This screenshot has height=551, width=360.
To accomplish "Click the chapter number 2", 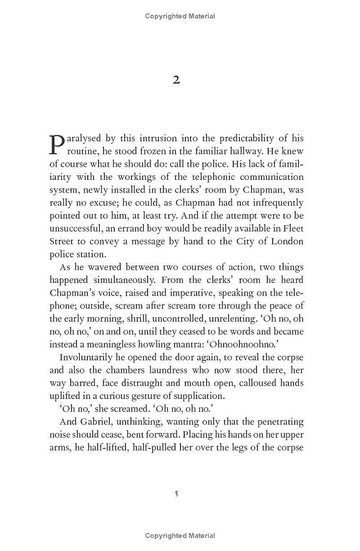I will [x=176, y=80].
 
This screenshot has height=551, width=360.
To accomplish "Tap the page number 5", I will [x=176, y=494].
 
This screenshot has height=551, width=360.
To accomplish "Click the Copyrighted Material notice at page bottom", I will [x=180, y=536].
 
